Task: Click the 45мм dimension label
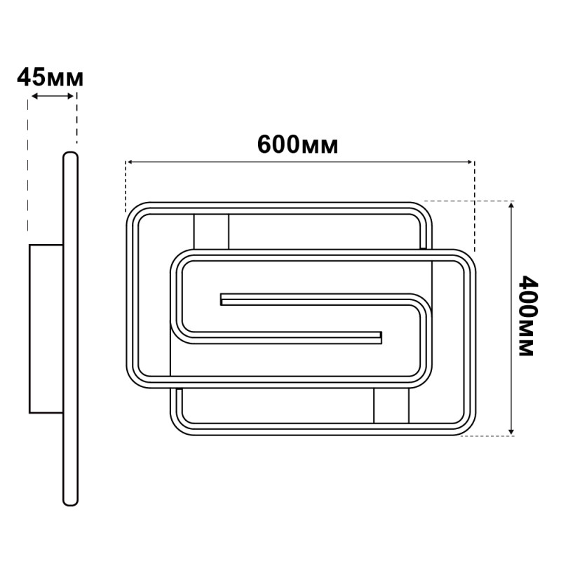coord(50,77)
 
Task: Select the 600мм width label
coord(297,144)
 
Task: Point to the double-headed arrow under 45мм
coord(53,97)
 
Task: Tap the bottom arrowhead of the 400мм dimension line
coord(513,431)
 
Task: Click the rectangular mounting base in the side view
coord(46,328)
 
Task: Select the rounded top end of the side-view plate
coord(70,156)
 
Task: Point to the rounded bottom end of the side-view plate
coord(70,499)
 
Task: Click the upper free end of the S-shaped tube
coord(224,299)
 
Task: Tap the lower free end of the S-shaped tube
coord(379,338)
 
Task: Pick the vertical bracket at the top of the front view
coord(210,231)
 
